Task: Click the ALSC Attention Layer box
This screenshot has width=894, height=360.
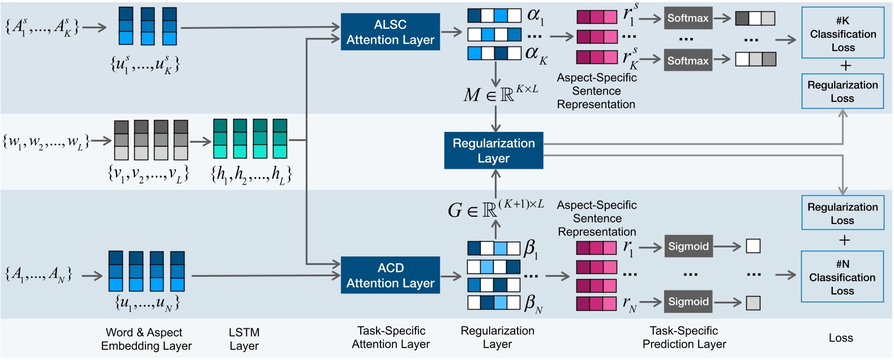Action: click(390, 32)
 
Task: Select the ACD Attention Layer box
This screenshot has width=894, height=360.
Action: click(390, 275)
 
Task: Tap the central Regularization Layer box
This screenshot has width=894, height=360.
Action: click(493, 151)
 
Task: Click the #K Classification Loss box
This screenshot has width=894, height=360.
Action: click(842, 33)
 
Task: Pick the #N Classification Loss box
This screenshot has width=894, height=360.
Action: click(842, 277)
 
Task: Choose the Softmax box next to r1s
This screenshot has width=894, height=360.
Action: click(687, 18)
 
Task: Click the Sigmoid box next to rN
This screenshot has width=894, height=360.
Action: click(688, 302)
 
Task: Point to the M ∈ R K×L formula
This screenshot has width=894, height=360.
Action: click(500, 94)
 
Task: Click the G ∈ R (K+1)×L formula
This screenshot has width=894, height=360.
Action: click(495, 209)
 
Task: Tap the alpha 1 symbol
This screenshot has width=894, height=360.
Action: click(535, 16)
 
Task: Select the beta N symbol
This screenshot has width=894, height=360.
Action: click(533, 303)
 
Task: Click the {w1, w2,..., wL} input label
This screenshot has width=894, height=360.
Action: click(46, 142)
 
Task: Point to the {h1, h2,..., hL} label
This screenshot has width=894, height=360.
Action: click(251, 174)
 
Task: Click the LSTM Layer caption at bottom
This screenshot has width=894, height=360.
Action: click(244, 339)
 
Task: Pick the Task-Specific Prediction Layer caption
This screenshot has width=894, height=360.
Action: click(684, 337)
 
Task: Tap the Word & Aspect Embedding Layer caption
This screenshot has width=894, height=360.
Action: click(146, 339)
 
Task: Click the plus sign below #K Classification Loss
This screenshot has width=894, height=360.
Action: click(845, 66)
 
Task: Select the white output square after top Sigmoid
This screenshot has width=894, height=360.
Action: click(752, 246)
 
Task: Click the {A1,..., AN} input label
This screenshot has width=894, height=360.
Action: click(39, 275)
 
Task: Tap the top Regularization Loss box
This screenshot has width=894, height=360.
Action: click(842, 91)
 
